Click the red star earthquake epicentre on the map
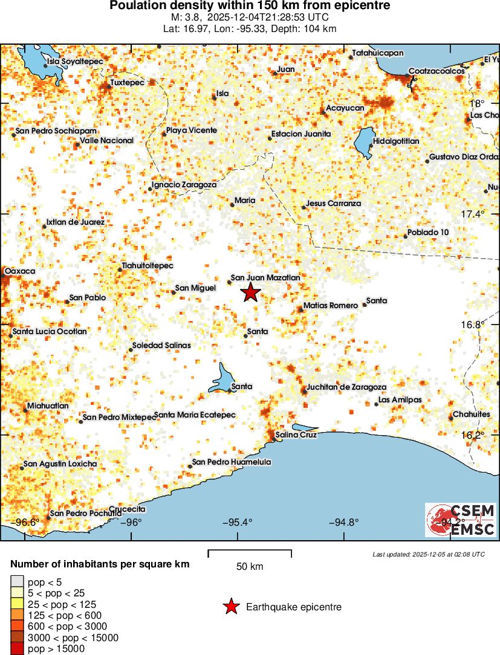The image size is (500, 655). (x=250, y=292)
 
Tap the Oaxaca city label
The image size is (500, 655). (x=20, y=271)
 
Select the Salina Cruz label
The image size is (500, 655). (x=296, y=434)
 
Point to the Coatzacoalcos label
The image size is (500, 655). (x=437, y=71)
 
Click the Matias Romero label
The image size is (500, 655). (x=331, y=306)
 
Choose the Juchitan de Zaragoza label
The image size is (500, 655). (x=346, y=387)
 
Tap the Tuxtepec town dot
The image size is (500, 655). (x=109, y=86)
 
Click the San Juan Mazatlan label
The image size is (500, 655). (x=265, y=278)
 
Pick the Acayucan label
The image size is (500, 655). (x=345, y=108)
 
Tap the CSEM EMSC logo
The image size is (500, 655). (x=461, y=520)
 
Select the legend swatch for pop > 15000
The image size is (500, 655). (x=17, y=649)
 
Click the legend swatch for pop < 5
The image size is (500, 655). (x=17, y=582)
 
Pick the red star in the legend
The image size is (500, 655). (x=231, y=607)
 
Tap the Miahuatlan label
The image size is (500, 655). (x=48, y=406)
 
